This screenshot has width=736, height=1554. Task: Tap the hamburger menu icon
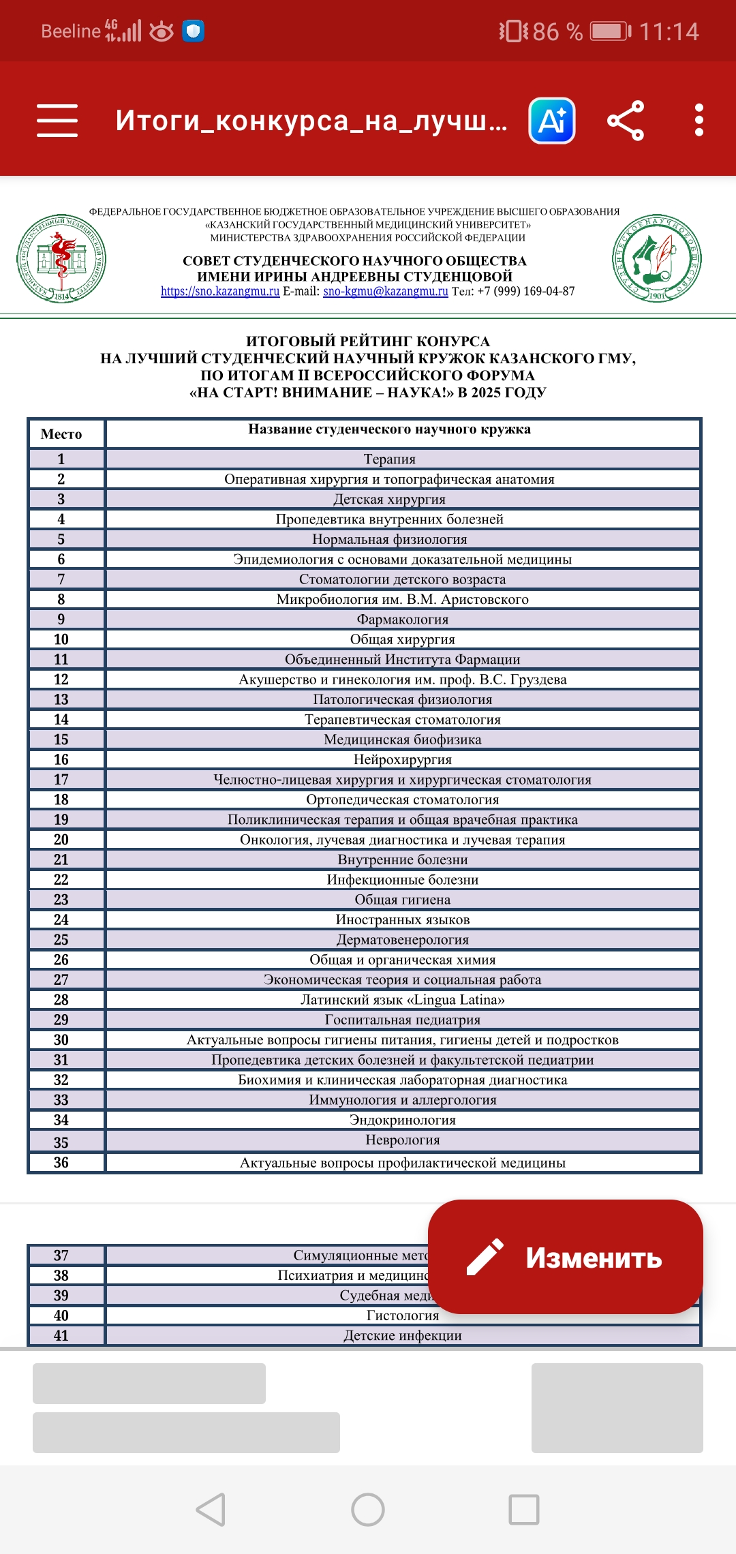57,121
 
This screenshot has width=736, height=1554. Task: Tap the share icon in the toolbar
626,121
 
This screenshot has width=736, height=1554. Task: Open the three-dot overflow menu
699,121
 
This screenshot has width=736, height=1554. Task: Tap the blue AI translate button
552,121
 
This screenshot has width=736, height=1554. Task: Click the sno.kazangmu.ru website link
220,292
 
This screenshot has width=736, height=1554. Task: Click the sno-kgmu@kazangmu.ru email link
386,292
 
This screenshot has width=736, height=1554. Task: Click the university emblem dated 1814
61,258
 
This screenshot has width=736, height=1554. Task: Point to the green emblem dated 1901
657,258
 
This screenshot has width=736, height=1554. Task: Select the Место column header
61,434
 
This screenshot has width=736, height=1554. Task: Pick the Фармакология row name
402,620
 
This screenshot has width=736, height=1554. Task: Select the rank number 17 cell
61,780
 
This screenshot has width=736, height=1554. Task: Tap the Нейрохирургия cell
402,759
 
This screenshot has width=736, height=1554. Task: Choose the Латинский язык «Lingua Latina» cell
402,1000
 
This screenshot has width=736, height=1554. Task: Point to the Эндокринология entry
402,1120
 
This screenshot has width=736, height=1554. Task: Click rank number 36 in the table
61,1163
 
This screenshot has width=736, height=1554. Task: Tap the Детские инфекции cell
402,1336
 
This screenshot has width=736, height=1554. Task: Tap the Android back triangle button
211,1509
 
